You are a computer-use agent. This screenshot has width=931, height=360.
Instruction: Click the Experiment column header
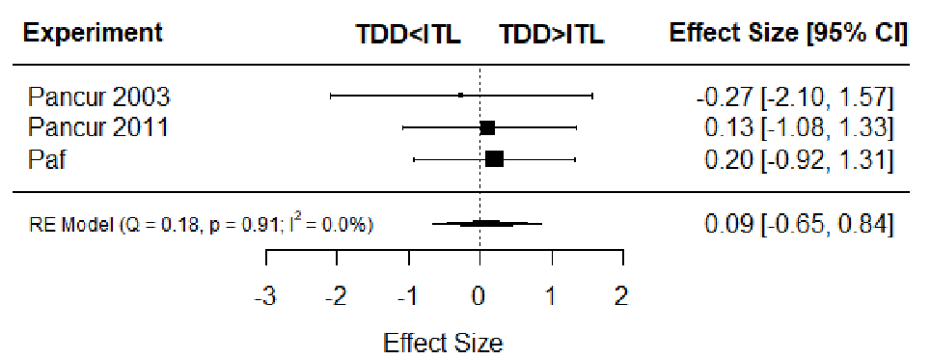coord(92,33)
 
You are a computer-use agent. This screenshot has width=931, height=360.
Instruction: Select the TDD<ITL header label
coord(408,35)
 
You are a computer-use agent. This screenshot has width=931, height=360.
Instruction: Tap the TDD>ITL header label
coord(552,35)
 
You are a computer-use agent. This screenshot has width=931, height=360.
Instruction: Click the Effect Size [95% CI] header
coord(788,33)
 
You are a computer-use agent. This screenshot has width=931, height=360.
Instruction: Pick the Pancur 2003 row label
coord(98,96)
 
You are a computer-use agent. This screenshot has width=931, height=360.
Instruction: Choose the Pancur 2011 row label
coord(97,127)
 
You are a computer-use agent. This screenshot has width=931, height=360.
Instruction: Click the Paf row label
coord(46,159)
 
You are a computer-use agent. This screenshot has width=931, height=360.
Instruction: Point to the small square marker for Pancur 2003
coord(460,95)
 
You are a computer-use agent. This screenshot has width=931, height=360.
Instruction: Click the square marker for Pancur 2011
coord(487,127)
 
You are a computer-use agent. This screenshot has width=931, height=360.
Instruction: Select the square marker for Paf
coord(494,159)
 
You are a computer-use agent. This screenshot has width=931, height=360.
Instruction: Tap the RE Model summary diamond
coord(487,223)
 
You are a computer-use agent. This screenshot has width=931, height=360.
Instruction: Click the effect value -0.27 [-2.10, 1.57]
coord(795,97)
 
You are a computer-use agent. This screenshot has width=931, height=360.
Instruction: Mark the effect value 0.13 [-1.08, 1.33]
coord(799,128)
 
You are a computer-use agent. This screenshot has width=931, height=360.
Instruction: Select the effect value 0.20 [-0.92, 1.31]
coord(799,160)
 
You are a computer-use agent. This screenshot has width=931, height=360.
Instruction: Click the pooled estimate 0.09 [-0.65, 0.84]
coord(799,225)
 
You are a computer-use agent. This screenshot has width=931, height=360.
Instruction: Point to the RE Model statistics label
coord(202,225)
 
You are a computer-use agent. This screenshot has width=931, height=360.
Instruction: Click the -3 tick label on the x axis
coord(265,296)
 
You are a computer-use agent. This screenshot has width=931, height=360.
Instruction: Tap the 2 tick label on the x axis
coord(621,296)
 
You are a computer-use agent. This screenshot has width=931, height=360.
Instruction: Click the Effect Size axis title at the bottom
coord(443,343)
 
